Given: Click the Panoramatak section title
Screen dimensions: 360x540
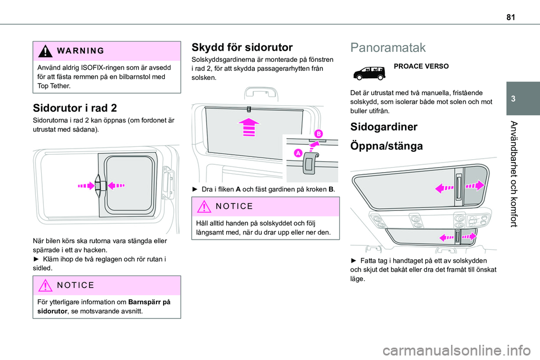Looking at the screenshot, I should (x=388, y=47).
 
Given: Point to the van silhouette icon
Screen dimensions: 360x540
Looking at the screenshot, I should (x=368, y=71).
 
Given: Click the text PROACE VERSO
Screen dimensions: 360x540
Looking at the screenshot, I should (x=421, y=66).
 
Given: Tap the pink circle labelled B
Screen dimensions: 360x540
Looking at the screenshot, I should (x=318, y=134).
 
